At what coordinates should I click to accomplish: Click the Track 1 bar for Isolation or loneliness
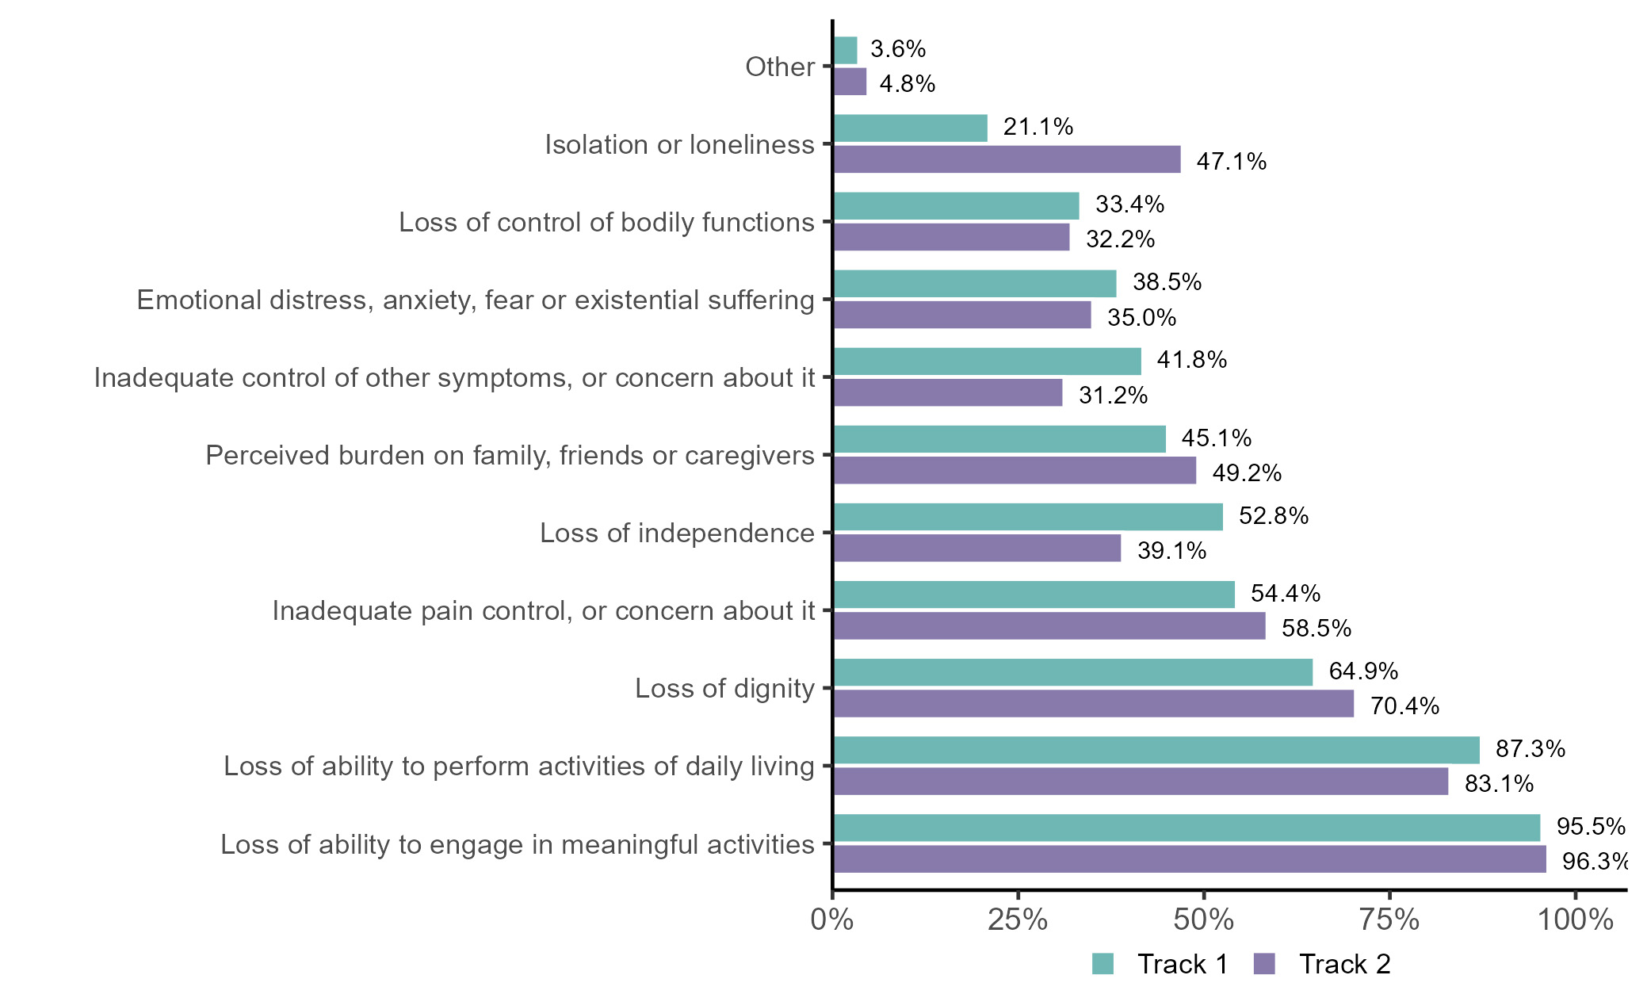(x=911, y=128)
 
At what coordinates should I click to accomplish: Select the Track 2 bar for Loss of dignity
(x=1094, y=704)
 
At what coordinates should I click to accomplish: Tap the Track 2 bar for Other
(x=850, y=82)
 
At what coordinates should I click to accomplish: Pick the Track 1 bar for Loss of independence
(x=1028, y=517)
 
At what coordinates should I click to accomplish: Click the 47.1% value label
(x=1231, y=162)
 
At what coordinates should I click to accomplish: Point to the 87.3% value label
(x=1530, y=749)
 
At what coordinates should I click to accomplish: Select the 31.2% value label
(x=1113, y=395)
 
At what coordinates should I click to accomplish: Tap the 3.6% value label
(x=898, y=49)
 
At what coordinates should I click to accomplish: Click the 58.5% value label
(x=1316, y=629)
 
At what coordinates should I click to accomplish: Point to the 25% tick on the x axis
(x=1018, y=920)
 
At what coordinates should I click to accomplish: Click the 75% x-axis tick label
(x=1389, y=920)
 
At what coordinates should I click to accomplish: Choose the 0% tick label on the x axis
(x=832, y=920)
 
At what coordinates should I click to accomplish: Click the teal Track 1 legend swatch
(x=1102, y=964)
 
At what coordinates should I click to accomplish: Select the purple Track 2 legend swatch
(x=1264, y=964)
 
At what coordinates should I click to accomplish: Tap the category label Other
(x=780, y=67)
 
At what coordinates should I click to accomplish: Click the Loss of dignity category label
(x=724, y=688)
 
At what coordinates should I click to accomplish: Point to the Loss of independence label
(x=677, y=533)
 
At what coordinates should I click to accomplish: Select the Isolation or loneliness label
(x=679, y=144)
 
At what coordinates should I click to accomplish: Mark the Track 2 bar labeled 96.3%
(x=1190, y=859)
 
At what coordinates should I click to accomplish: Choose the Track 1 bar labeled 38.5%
(x=975, y=284)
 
